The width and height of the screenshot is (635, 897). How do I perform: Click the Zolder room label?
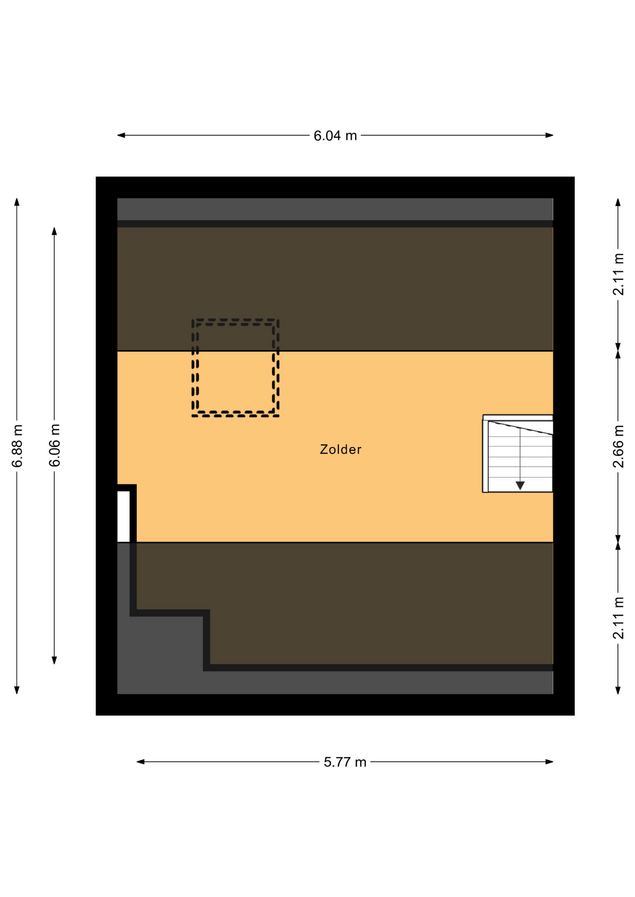point(340,449)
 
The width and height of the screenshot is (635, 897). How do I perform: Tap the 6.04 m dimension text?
point(335,135)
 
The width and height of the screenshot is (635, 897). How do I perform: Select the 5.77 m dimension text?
point(345,762)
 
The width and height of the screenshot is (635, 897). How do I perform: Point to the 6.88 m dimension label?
point(17,446)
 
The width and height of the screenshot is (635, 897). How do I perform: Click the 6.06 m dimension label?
point(55,445)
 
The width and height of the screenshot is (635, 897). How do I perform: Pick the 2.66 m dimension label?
point(618,446)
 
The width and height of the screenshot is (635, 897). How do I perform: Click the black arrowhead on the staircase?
point(520,485)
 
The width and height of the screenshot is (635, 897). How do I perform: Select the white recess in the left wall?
point(123,516)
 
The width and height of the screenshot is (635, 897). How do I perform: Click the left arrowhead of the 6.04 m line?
point(121,135)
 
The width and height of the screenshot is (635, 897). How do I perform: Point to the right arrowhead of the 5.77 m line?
point(549,762)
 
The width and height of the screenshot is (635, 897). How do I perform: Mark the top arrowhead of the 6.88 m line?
point(17,202)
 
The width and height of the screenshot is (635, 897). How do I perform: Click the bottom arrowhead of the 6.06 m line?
point(54,660)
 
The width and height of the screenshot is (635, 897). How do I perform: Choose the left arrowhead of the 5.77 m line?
point(140,762)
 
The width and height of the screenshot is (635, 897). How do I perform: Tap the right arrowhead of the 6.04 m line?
point(549,135)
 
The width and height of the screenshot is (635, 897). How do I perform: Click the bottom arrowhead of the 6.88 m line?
point(17,690)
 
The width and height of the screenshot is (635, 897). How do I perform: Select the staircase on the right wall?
point(518,454)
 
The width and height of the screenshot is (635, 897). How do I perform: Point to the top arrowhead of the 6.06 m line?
point(54,231)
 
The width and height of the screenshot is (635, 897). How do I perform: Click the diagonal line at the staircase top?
point(520,428)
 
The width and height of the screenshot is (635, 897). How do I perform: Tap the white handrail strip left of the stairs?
point(485,456)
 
